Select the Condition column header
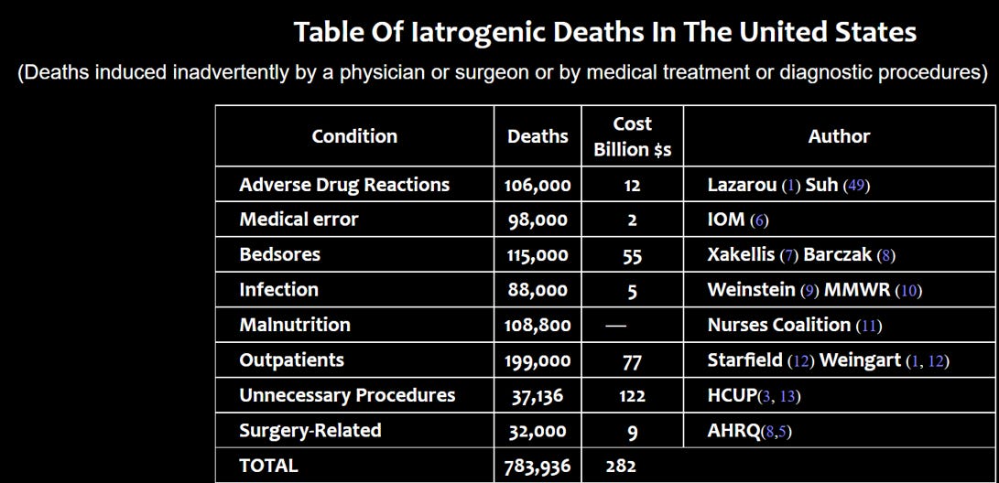coord(354,136)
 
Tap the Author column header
coord(839,136)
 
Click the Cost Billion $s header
coord(633,136)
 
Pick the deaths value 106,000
coord(538,186)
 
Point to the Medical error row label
coord(299,220)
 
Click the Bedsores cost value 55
coord(633,256)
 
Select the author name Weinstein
coord(751,290)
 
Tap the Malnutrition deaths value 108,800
coord(538,326)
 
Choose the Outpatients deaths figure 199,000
coord(538,361)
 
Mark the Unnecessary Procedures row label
coord(347,396)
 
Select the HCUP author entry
coord(732,396)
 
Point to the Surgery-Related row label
coord(309,431)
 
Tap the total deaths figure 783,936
coord(538,467)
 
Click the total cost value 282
coord(621,467)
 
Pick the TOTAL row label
coord(268,466)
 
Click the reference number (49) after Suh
coord(856,186)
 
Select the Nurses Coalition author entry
coord(778,326)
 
